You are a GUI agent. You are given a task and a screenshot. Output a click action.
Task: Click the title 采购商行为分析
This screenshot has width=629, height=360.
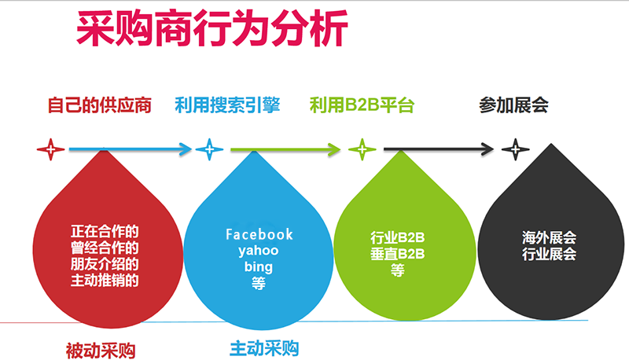pos(212,28)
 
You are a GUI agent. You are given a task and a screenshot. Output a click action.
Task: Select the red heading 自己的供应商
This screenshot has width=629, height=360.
pos(100,105)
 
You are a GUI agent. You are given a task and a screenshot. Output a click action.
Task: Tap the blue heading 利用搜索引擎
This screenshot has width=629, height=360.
pos(227,105)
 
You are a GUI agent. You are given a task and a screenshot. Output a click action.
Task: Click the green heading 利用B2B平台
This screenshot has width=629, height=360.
pos(362,105)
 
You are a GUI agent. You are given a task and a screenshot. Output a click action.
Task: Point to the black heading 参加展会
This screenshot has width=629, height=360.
pos(513,105)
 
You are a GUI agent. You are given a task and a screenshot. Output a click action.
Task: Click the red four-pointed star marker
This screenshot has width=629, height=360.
pos(50,149)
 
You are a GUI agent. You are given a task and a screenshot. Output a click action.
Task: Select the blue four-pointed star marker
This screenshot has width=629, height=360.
pos(209,149)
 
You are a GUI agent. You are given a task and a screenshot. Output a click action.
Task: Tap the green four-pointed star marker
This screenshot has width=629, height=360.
pos(362,149)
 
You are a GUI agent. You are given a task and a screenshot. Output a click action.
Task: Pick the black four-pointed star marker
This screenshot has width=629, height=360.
pos(516,149)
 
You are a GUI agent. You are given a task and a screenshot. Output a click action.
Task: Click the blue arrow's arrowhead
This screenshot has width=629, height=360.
pos(186,149)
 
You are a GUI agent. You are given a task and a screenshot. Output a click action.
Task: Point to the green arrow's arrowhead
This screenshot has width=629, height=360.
pos(334,149)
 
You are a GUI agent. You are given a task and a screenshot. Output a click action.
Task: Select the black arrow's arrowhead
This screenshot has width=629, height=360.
pos(487,149)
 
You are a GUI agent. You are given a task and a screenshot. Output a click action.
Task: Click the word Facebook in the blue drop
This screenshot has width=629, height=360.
pos(259,234)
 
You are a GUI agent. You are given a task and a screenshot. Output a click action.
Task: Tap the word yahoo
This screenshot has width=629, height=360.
pos(259,251)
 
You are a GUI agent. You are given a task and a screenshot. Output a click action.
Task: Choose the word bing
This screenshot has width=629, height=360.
pos(259,267)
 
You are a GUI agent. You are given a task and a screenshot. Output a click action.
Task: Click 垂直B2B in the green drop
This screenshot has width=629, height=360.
pos(398,254)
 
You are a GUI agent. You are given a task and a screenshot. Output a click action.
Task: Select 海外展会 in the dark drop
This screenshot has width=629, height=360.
pos(549,237)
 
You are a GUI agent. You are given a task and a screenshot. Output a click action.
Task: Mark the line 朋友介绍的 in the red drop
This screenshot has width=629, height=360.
pos(105,264)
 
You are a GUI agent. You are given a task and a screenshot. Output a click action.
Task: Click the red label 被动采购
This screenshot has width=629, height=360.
pos(101,351)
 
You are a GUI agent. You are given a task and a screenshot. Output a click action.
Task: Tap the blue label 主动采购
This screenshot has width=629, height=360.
pos(264,348)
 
